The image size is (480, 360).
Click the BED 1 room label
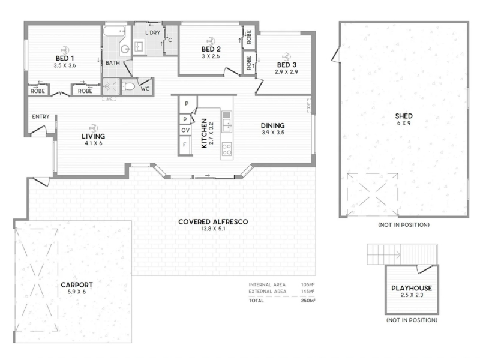(x=65, y=58)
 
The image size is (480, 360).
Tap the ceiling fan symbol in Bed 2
(x=211, y=41)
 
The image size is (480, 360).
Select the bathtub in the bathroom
(x=114, y=31)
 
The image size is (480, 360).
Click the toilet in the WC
(x=128, y=86)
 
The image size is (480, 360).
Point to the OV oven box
(x=185, y=130)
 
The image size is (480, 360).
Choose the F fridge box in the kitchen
(x=185, y=145)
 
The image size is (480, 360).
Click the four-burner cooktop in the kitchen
(x=227, y=149)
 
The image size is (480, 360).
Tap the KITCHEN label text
(x=204, y=133)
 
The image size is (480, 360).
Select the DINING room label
(x=272, y=125)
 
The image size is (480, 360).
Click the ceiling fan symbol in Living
(x=94, y=128)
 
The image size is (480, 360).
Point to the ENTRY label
(x=41, y=116)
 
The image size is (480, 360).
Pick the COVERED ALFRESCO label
(x=213, y=221)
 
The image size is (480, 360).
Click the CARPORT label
(x=77, y=284)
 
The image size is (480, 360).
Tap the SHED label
(x=404, y=116)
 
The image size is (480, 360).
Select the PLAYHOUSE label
(x=412, y=288)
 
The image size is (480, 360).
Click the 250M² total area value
(x=308, y=301)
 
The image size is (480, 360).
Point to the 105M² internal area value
(x=308, y=284)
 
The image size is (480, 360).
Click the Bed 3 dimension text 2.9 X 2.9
(x=286, y=72)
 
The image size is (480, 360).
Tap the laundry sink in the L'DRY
(x=139, y=47)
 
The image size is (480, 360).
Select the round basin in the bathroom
(x=125, y=49)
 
